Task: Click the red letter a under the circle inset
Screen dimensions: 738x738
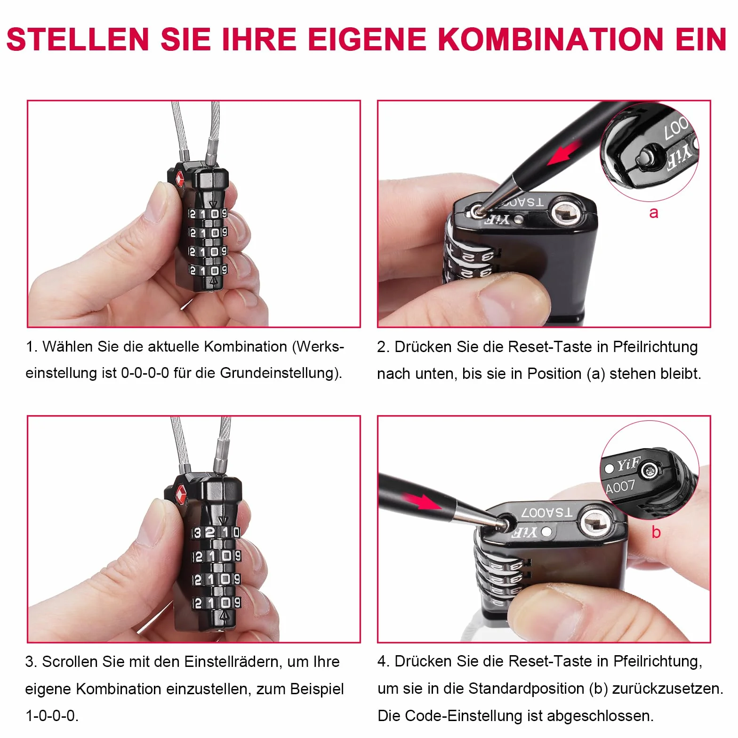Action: (654, 213)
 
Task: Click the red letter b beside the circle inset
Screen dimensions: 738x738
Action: (656, 532)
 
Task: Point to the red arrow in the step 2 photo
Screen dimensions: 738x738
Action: (564, 154)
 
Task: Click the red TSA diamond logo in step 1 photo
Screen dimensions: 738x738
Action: (179, 180)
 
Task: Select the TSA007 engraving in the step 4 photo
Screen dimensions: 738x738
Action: (547, 513)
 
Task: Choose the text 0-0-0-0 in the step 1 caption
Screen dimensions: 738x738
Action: (145, 373)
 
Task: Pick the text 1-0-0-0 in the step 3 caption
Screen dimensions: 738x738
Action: (51, 716)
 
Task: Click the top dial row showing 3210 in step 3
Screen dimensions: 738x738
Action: (217, 532)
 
